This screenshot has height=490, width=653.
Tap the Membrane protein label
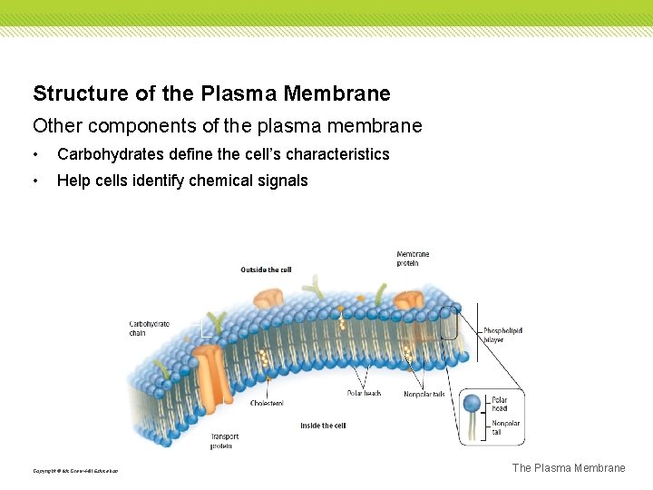[413, 258]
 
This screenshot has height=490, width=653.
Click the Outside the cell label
[266, 269]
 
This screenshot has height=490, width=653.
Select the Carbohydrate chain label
[149, 328]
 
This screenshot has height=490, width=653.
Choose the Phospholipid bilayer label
[502, 335]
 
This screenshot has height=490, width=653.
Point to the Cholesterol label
[267, 402]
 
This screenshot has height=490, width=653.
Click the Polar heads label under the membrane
[364, 393]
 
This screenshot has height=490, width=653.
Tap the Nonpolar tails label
[424, 394]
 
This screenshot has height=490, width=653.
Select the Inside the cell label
[323, 426]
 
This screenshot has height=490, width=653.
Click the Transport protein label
[224, 441]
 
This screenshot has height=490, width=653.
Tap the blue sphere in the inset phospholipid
[472, 401]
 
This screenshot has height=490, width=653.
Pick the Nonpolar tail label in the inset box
[501, 427]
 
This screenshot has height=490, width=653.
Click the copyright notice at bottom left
[75, 470]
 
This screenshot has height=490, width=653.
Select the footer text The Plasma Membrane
[569, 468]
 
